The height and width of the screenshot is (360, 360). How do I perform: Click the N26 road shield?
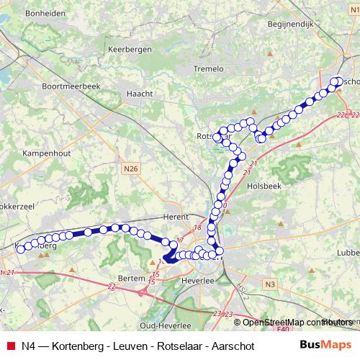coord(130,168)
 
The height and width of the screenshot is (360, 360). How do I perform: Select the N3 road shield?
coord(269,284)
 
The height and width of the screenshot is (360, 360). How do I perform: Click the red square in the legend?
coord(9,345)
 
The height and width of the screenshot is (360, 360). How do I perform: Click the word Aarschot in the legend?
coord(229,345)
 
